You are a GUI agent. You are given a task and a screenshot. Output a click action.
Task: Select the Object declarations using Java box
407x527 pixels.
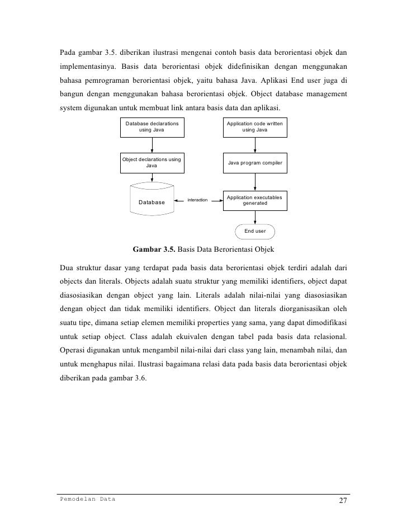(152, 162)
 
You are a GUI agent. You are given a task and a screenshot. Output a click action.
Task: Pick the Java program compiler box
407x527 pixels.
(255, 162)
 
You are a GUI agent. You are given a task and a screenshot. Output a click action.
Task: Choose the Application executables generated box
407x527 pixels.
(255, 200)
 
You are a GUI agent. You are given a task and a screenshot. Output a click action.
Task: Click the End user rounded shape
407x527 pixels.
(255, 230)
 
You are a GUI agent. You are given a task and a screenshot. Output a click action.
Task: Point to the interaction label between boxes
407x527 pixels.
(197, 200)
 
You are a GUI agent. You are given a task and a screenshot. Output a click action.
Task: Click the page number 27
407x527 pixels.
(344, 501)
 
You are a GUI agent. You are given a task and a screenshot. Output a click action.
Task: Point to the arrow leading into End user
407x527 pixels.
(255, 218)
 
